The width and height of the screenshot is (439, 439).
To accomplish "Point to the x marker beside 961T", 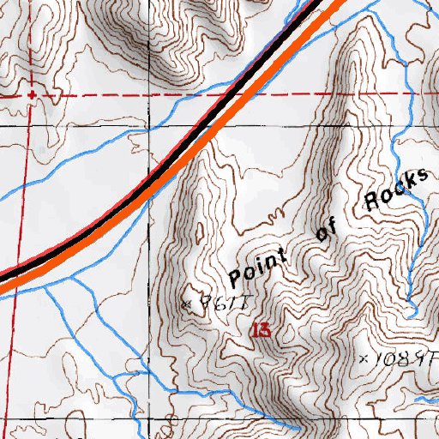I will click(x=188, y=304).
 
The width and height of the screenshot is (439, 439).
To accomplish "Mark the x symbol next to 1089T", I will click(x=363, y=358).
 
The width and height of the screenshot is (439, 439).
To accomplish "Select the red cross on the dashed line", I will click(x=33, y=94).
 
